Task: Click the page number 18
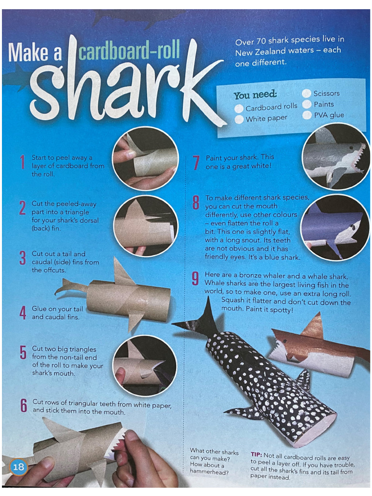click(x=18, y=467)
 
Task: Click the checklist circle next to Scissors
click(x=307, y=93)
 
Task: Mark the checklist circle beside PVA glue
click(x=307, y=115)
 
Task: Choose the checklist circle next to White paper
click(x=239, y=119)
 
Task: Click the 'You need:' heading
click(x=255, y=95)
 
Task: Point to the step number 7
click(x=196, y=163)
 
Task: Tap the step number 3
click(x=22, y=258)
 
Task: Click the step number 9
click(x=196, y=279)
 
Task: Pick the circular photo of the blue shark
click(x=335, y=227)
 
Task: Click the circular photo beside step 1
click(x=145, y=158)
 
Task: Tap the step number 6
click(x=23, y=406)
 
